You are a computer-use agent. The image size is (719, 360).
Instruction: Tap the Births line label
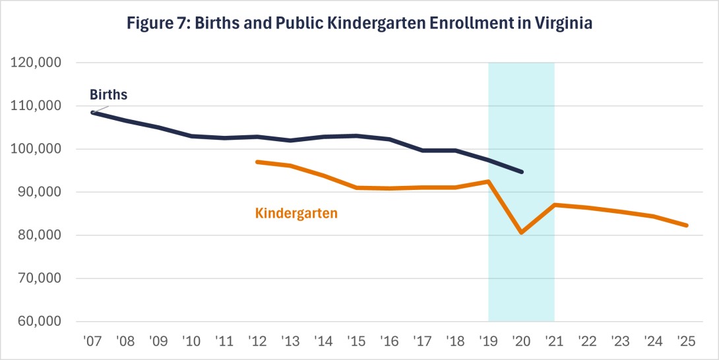[109, 94]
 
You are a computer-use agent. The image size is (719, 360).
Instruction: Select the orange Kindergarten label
[296, 213]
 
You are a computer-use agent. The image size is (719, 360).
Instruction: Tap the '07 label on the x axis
[92, 342]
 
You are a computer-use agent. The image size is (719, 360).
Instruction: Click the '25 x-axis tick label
[686, 342]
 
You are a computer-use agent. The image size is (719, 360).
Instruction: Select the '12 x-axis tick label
[257, 342]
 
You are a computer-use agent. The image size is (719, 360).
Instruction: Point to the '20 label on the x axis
[521, 342]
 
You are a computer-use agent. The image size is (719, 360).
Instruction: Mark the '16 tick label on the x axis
[389, 342]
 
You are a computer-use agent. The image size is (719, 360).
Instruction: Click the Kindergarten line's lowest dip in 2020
[521, 232]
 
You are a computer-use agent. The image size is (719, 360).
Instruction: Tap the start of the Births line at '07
[92, 113]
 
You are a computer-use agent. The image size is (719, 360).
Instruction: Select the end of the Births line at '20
[521, 172]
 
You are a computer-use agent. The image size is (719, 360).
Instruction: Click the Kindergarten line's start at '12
[257, 162]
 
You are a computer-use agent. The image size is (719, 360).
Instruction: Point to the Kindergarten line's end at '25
[686, 225]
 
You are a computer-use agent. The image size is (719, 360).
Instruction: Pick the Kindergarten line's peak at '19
[488, 181]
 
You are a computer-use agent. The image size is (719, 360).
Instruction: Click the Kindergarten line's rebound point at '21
[554, 205]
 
